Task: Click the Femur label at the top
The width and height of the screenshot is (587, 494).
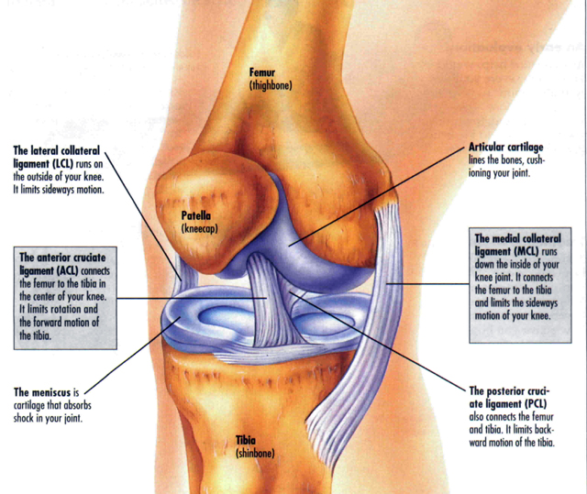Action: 265,71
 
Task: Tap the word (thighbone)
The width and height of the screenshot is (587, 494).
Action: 270,84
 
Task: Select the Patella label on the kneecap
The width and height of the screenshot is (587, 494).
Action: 198,216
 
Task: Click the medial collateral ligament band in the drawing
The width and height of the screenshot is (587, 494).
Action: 390,275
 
